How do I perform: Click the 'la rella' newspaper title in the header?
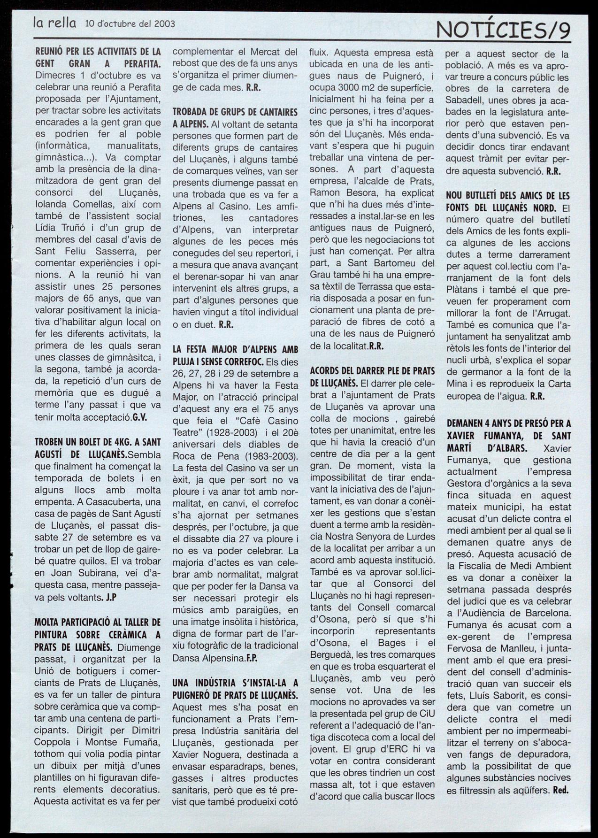54,22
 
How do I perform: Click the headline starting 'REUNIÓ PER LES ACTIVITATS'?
98,52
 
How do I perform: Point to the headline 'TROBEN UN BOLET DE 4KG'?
98,442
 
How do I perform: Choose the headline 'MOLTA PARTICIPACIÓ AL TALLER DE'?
98,623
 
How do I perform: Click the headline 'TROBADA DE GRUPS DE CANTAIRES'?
235,112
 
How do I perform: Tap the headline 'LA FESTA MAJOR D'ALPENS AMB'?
235,349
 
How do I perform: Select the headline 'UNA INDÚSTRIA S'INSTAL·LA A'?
235,683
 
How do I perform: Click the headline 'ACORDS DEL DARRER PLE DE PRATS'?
372,371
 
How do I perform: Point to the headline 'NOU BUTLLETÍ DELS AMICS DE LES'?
508,195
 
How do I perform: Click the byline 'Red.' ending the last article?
560,790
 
